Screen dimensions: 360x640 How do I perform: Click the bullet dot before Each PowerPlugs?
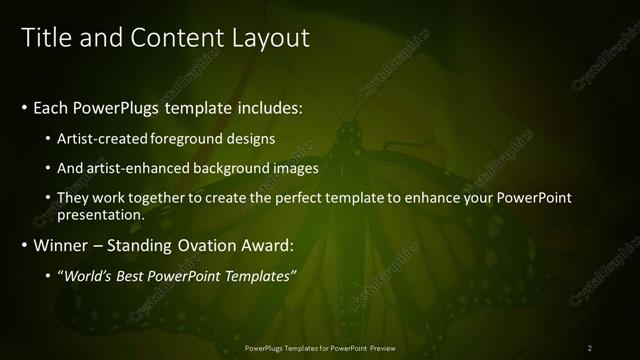click(x=24, y=106)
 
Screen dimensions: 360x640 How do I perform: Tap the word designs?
click(x=252, y=138)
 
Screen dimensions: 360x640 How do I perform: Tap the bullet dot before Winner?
click(x=24, y=244)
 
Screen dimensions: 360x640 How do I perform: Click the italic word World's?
click(x=87, y=275)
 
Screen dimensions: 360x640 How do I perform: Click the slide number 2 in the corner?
click(x=589, y=348)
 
